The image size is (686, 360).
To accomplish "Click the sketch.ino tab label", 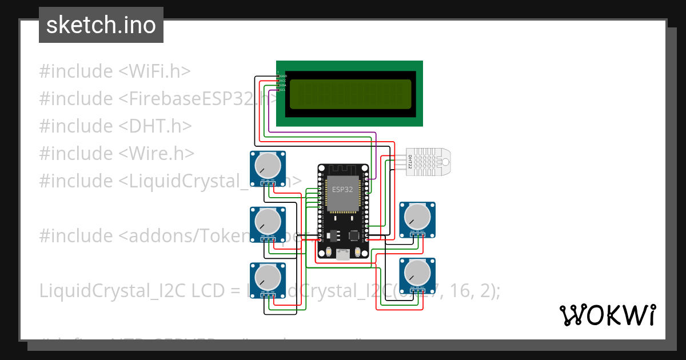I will point(101,25).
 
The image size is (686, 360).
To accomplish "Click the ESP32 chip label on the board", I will point(342,190).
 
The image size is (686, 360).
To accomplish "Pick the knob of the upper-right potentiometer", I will point(417,217).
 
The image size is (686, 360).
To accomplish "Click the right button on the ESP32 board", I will point(358,252).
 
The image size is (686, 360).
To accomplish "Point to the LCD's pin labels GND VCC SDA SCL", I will point(282,83).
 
